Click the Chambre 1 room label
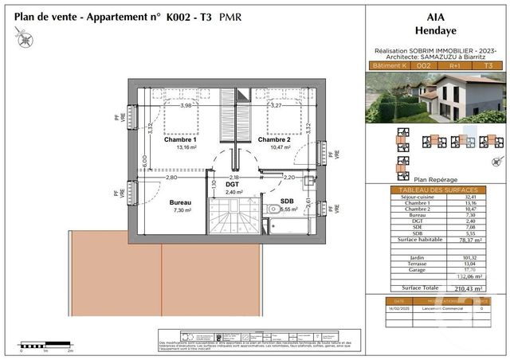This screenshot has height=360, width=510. click(181, 139)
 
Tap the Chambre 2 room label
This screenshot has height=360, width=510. click(273, 139)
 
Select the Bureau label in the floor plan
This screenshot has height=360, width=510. click(181, 202)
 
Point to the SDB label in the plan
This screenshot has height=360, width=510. click(286, 202)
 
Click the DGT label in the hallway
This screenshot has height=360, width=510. click(232, 184)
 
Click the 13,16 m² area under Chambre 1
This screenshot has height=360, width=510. click(181, 147)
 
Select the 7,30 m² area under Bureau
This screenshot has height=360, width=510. click(181, 211)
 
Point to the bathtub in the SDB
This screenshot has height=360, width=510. click(290, 226)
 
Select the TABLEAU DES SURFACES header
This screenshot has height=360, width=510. click(435, 190)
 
